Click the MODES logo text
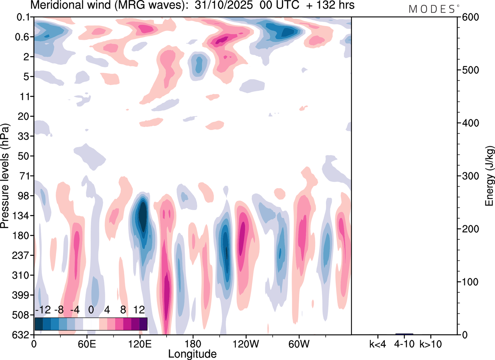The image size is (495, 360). pos(432,9)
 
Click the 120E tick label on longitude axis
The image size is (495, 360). pos(140,343)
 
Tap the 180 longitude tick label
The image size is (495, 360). pos(193,343)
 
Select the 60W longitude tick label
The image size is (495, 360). pos(299,343)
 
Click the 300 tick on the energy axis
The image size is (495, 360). pos(469,176)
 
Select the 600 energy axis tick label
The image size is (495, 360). pos(469,17)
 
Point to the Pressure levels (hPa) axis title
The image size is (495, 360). pos(5,176)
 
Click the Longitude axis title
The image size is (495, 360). pos(192,353)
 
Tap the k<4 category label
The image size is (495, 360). pos(377,343)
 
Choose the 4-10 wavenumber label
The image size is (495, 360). pos(404,343)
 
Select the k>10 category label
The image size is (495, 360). pos(431,343)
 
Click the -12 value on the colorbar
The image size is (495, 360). pos(41,310)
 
